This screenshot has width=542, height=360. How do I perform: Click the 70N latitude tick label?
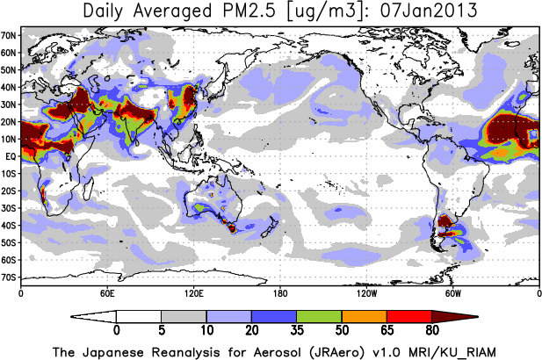click(9, 36)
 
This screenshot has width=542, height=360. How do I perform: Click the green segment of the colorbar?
click(319, 316)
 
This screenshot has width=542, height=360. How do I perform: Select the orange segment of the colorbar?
click(364, 316)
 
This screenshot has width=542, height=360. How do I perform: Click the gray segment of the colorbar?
click(184, 316)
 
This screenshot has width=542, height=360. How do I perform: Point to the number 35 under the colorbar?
click(297, 332)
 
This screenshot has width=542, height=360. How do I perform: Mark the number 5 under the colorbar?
click(162, 332)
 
